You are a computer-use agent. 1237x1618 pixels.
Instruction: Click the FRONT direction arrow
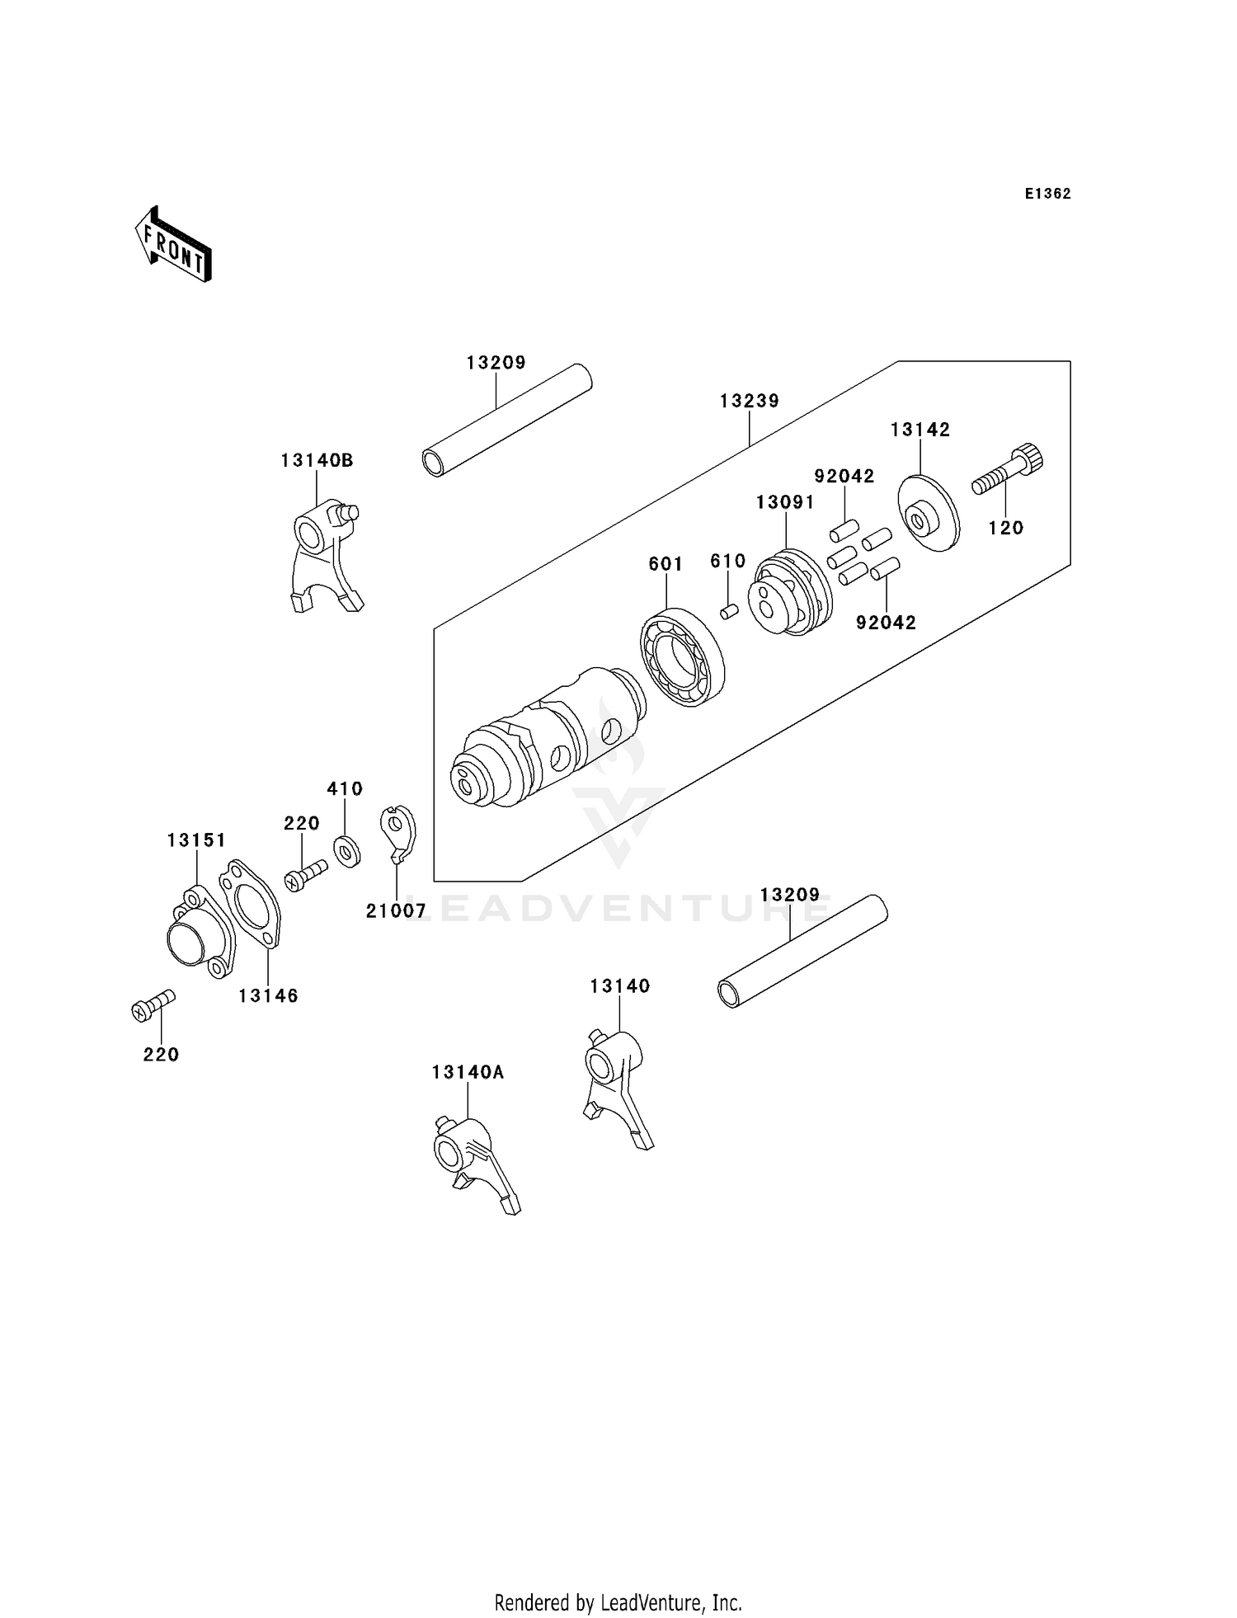coord(174,245)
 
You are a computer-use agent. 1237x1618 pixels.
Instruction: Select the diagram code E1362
coord(1047,194)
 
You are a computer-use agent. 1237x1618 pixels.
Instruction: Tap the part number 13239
coord(749,401)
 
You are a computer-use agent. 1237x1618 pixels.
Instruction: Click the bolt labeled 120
coord(1008,470)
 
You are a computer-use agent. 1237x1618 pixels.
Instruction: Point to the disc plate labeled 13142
coord(928,513)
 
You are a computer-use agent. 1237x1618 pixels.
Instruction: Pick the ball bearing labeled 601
coord(683,657)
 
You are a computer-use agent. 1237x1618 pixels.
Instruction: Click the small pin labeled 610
coord(728,611)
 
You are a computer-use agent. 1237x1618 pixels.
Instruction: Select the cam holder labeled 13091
coord(787,593)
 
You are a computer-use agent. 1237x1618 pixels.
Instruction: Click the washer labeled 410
coord(347,850)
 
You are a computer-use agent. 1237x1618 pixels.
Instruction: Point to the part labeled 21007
coord(399,834)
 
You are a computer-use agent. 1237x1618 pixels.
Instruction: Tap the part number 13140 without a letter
coord(619,985)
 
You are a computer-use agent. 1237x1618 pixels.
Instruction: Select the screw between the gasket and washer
coord(306,873)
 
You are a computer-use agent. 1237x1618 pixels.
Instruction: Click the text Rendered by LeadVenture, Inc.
coord(618,1602)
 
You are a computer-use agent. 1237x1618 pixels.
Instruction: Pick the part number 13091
coord(785,501)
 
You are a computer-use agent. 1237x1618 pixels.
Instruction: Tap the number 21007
coord(396,910)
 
